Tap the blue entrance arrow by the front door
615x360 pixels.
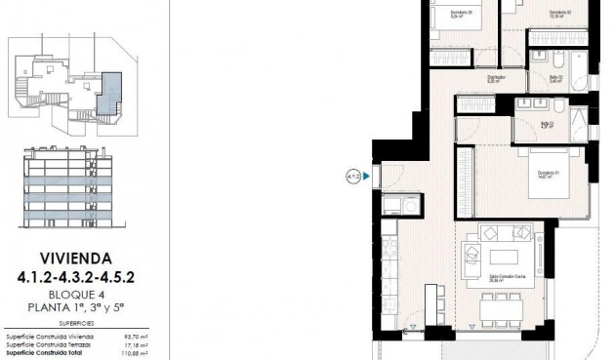pos(366,177)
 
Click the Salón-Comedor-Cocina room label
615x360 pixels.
pos(503,278)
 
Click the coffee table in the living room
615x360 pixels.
pos(505,256)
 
